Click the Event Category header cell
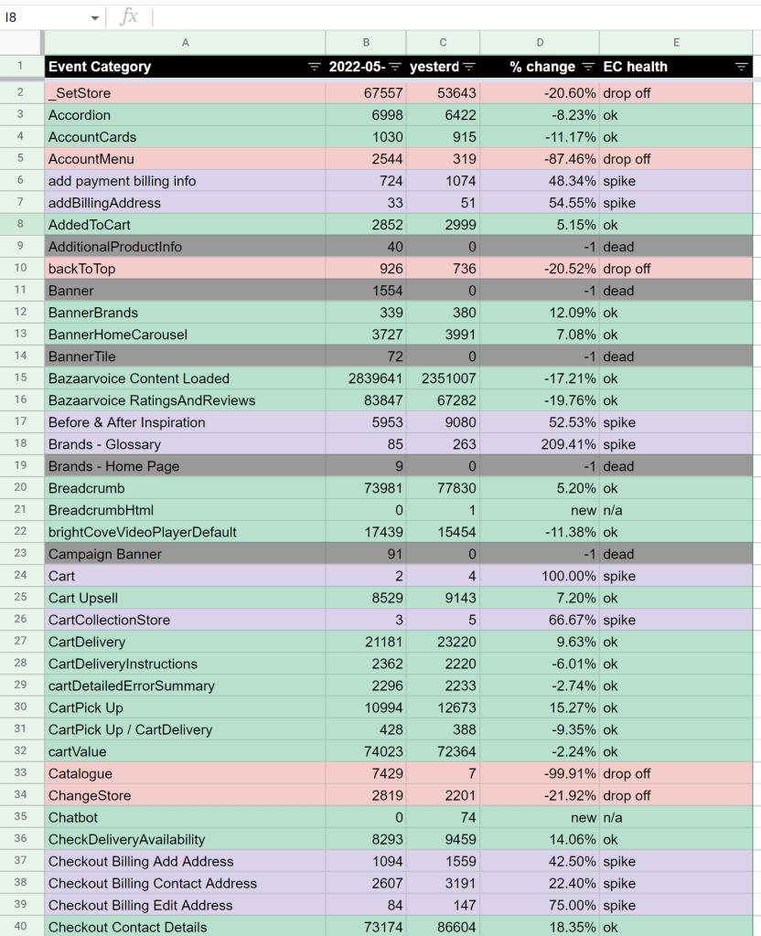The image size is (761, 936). (101, 67)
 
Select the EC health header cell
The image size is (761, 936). (635, 67)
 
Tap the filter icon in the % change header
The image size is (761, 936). (587, 67)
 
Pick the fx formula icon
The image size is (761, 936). (129, 16)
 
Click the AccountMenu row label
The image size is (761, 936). (91, 159)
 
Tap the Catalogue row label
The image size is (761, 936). (80, 773)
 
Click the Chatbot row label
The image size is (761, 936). (73, 817)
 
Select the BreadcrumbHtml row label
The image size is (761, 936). (101, 510)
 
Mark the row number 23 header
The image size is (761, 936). (22, 554)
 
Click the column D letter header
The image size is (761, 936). (540, 43)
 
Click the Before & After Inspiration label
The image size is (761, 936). (126, 422)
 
